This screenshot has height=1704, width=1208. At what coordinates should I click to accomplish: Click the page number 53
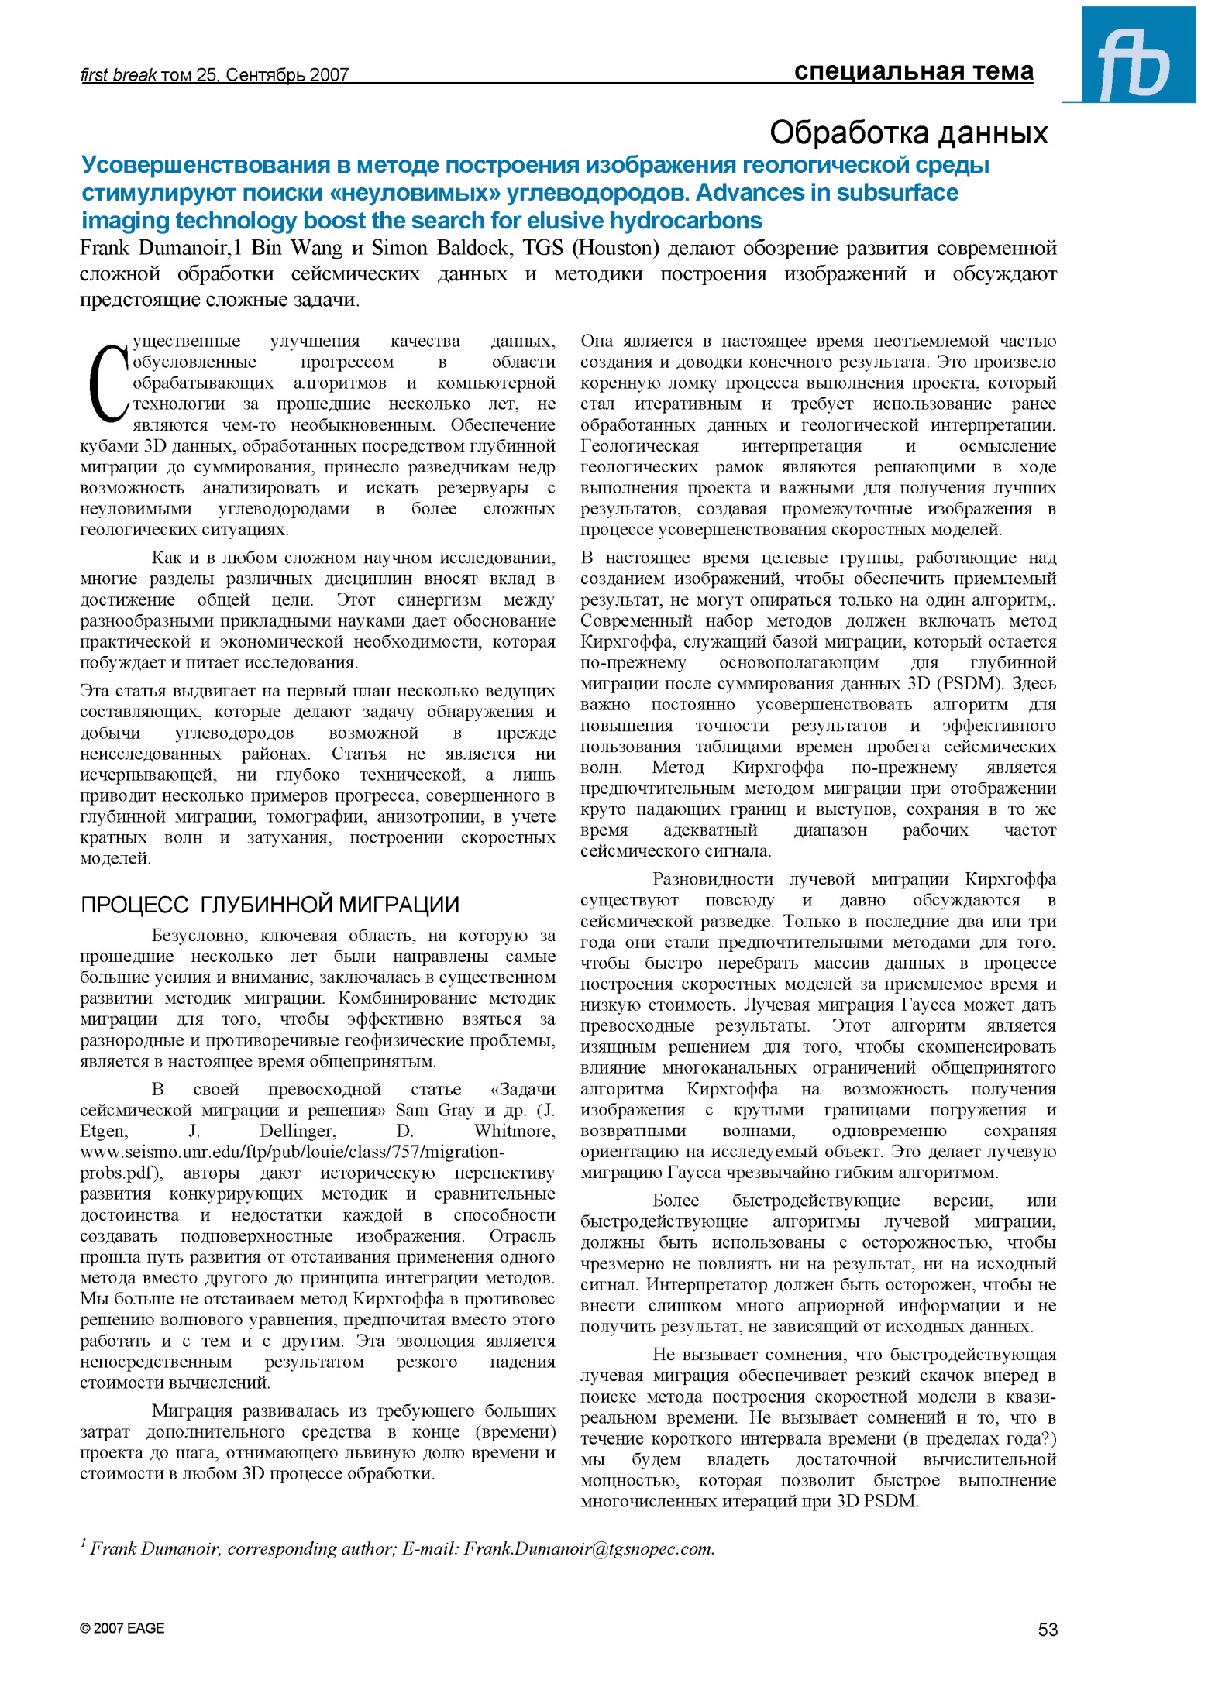point(1047,1630)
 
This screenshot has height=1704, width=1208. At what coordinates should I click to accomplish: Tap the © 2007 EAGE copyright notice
point(122,1628)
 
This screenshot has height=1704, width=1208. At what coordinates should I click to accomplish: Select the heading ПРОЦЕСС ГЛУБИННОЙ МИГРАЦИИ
point(270,905)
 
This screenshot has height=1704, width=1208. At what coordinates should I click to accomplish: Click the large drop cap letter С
point(106,383)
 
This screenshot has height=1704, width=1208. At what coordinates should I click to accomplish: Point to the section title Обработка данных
point(908,133)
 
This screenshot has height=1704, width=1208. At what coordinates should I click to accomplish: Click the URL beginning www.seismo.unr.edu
point(292,1152)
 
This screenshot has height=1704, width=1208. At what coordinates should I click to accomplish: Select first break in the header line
point(118,75)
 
